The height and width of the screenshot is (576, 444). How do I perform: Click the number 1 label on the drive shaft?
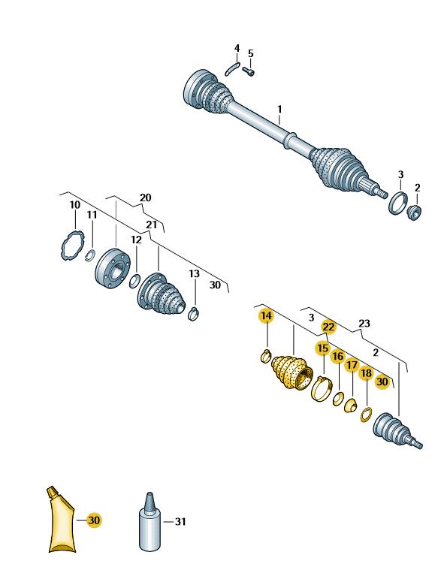[x=279, y=109]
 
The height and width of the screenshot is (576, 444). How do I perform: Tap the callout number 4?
[x=237, y=48]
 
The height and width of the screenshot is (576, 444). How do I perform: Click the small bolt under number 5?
[x=249, y=72]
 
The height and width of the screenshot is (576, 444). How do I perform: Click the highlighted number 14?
[x=267, y=316]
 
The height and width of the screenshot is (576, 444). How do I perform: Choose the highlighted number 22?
[x=328, y=327]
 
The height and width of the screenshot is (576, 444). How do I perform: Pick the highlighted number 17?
[x=352, y=365]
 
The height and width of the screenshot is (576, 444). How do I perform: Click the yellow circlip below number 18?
[x=367, y=415]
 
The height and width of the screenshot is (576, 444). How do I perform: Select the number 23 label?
[x=364, y=323]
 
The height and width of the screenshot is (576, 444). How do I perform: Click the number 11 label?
[x=92, y=215]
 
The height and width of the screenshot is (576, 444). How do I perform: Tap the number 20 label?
[x=145, y=198]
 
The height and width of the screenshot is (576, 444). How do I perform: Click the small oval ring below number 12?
[x=134, y=281]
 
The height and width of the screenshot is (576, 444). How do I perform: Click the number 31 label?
[x=180, y=521]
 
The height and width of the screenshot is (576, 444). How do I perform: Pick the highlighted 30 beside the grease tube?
[x=94, y=520]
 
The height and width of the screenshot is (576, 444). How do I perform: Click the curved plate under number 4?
[x=232, y=69]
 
